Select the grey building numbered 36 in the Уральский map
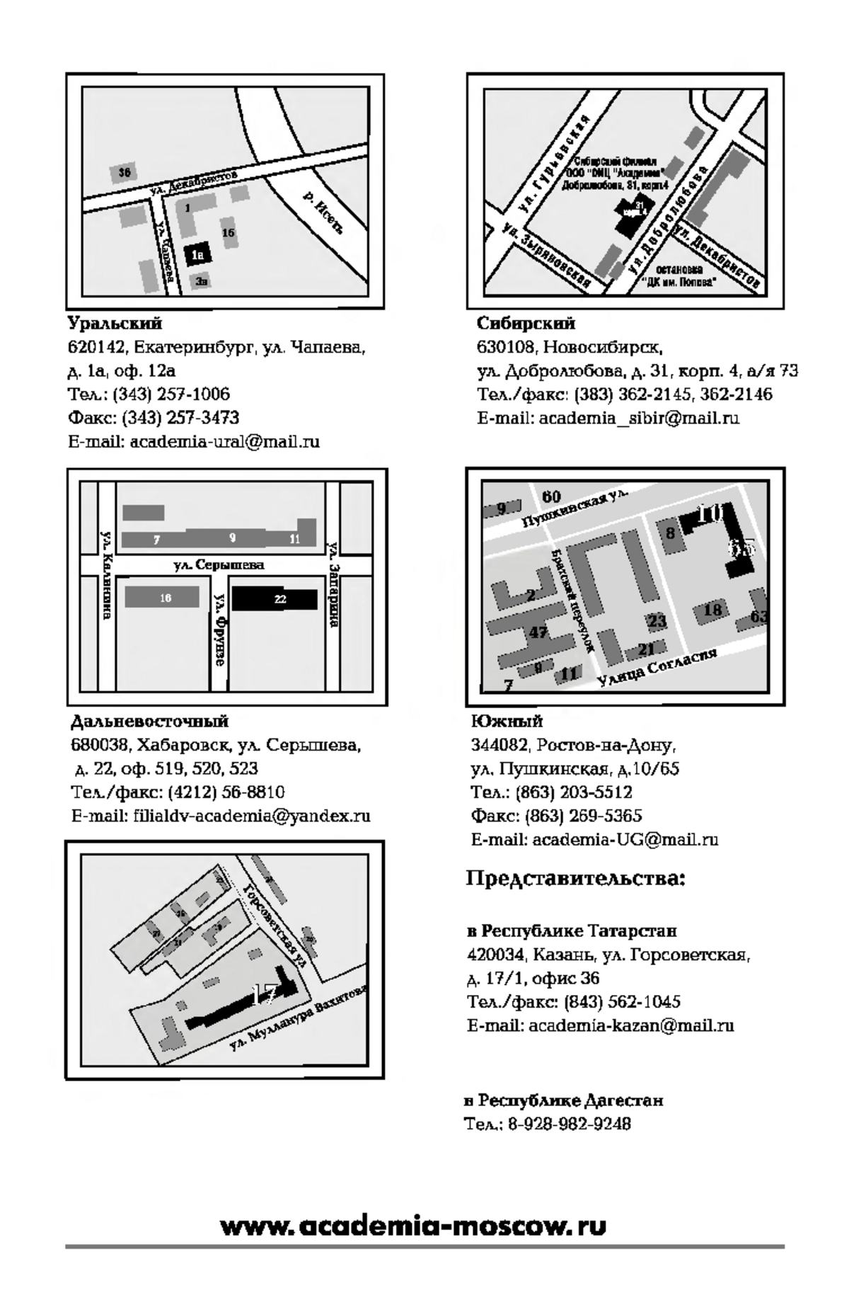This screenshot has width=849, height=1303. [125, 173]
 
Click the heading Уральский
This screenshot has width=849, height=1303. [115, 324]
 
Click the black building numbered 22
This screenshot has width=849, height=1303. [275, 599]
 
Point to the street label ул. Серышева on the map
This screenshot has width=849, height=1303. [219, 564]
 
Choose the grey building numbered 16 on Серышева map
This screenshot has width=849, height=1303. [162, 598]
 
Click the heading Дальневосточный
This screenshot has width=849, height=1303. [149, 722]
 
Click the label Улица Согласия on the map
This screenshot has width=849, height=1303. [656, 666]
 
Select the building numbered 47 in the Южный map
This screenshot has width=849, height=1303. [538, 632]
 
